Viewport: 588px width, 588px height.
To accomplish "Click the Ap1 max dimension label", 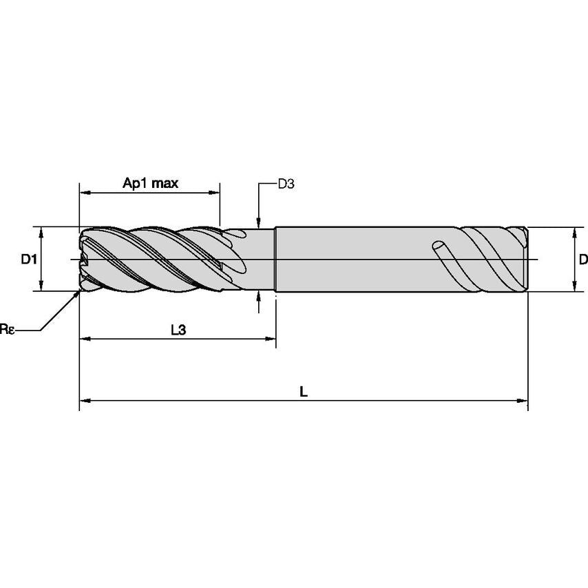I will tap(150, 183).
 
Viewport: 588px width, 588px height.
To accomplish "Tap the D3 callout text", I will tap(286, 184).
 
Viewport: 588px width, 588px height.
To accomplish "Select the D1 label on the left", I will tap(28, 260).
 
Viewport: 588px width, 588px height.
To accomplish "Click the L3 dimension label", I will tap(178, 330).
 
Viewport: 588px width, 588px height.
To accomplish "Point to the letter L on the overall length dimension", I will tap(304, 391).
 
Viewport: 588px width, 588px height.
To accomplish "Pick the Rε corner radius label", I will tap(8, 330).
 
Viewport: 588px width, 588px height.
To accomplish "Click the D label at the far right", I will tap(582, 260).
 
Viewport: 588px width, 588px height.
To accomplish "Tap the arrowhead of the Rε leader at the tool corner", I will tap(77, 295).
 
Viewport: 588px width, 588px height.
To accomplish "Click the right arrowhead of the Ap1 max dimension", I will tap(216, 193).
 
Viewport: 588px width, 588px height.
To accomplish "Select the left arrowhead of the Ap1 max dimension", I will tap(84, 193).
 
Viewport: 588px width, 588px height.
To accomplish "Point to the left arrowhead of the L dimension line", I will tap(84, 399).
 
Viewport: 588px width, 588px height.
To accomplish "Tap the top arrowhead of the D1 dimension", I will tap(42, 231).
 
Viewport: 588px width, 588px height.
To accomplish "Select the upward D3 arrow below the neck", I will tap(258, 296).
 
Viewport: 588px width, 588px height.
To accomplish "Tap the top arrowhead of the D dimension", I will tap(574, 231).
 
